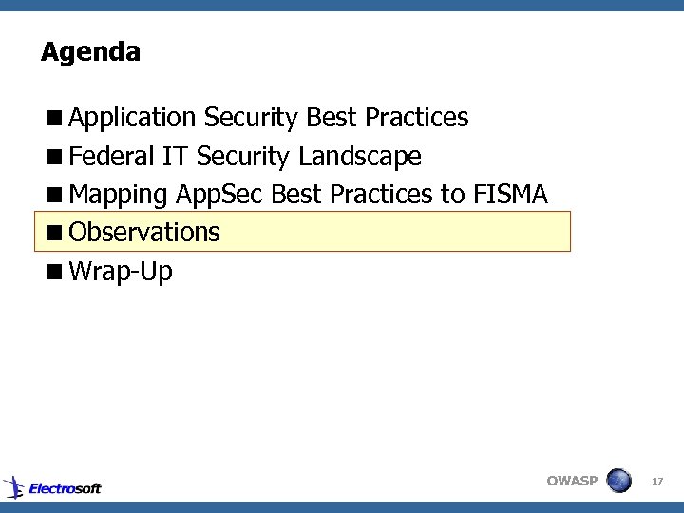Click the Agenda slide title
[90, 51]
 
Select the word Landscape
[359, 156]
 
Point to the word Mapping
[120, 196]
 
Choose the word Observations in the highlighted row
[144, 232]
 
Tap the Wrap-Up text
[121, 272]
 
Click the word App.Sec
[220, 196]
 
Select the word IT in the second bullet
[176, 156]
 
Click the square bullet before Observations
[56, 232]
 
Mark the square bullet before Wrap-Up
[56, 272]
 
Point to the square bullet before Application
[56, 119]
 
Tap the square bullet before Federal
[56, 157]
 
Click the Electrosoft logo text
[65, 488]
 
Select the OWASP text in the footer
[572, 481]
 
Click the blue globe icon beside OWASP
[618, 480]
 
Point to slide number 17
[656, 483]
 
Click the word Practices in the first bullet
[416, 118]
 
